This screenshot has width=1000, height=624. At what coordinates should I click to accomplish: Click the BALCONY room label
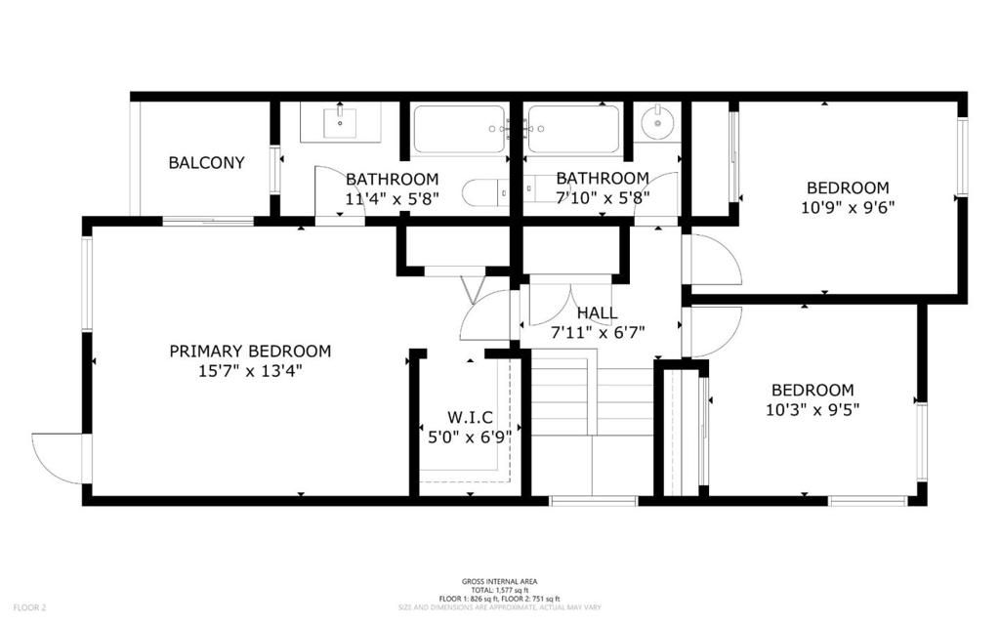point(206,163)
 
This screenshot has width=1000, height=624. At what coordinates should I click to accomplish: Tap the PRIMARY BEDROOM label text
point(250,352)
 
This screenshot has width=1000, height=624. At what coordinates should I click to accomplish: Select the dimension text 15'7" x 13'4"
point(250,370)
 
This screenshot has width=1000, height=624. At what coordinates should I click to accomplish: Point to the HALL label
point(597,313)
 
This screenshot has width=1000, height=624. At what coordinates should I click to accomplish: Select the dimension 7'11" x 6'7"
point(597,331)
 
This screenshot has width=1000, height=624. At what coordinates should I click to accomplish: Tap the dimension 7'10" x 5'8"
point(603,197)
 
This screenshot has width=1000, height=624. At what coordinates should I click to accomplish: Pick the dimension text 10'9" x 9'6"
point(848,207)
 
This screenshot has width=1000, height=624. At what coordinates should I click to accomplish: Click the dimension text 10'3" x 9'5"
point(812,408)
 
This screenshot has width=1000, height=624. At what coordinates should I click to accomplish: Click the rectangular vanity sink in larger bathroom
point(339,122)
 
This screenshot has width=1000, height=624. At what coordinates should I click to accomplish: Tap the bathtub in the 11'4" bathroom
point(459,129)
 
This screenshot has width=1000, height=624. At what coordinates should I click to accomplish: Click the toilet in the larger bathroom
point(484,193)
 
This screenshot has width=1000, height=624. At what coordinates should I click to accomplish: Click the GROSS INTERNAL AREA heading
point(500,581)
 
